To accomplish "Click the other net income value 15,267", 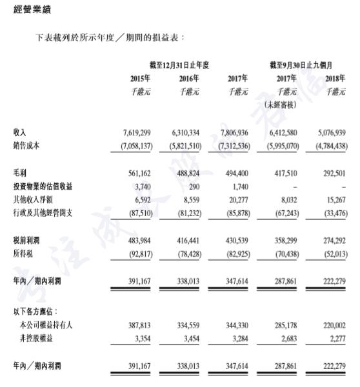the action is coord(335,199).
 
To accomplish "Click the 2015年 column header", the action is coord(140,79).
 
